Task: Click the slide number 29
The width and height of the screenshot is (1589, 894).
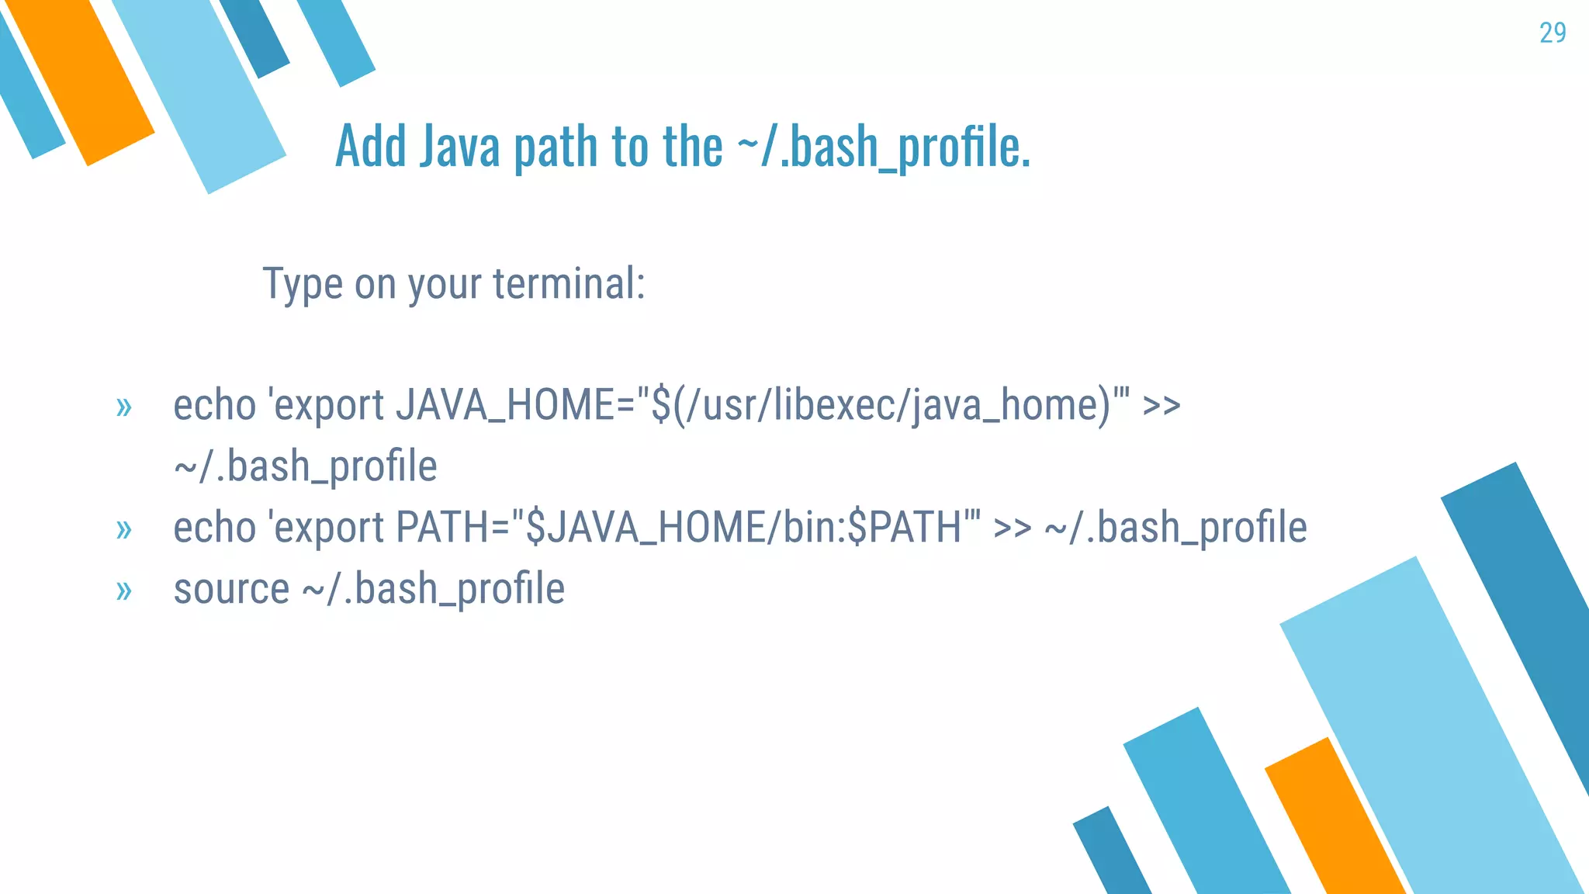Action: (1552, 33)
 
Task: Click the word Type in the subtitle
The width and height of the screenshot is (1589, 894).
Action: (303, 285)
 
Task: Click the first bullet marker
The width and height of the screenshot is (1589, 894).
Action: (123, 407)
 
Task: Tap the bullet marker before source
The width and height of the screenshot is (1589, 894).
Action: (123, 591)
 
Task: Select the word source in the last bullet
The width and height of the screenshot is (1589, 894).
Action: (231, 589)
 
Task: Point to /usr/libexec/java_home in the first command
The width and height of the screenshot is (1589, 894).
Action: (892, 405)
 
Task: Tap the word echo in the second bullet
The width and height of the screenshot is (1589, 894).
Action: (214, 528)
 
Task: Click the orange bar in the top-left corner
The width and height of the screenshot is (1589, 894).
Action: (81, 81)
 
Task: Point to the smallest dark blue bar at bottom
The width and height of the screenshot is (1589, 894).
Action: (1111, 854)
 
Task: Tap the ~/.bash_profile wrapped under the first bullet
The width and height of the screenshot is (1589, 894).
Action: (306, 466)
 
